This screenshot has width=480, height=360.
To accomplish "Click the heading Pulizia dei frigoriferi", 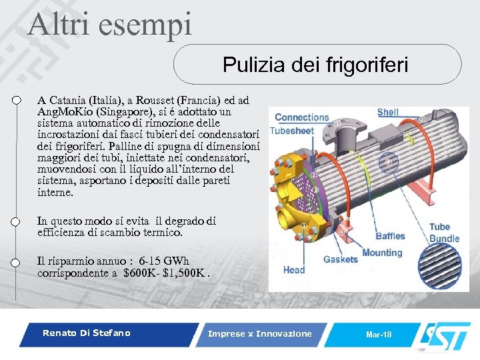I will [315, 65].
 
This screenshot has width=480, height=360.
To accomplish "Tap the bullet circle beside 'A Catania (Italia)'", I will [17, 101].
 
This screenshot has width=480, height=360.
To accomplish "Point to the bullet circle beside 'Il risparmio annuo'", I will [17, 263].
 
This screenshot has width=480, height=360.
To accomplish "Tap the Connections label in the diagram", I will [301, 117].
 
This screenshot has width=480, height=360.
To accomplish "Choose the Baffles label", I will [390, 236].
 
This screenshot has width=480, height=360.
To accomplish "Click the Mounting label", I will [382, 253].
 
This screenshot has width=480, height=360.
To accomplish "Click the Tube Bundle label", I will [444, 233].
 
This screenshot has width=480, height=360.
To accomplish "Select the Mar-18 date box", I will [379, 334].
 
